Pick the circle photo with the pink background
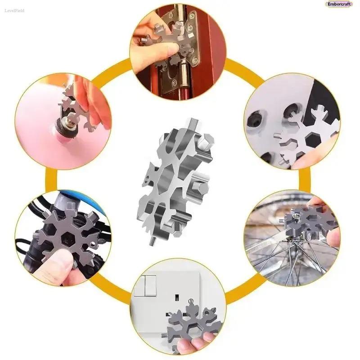pyautogui.click(x=63, y=121)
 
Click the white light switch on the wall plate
pyautogui.click(x=148, y=285)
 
